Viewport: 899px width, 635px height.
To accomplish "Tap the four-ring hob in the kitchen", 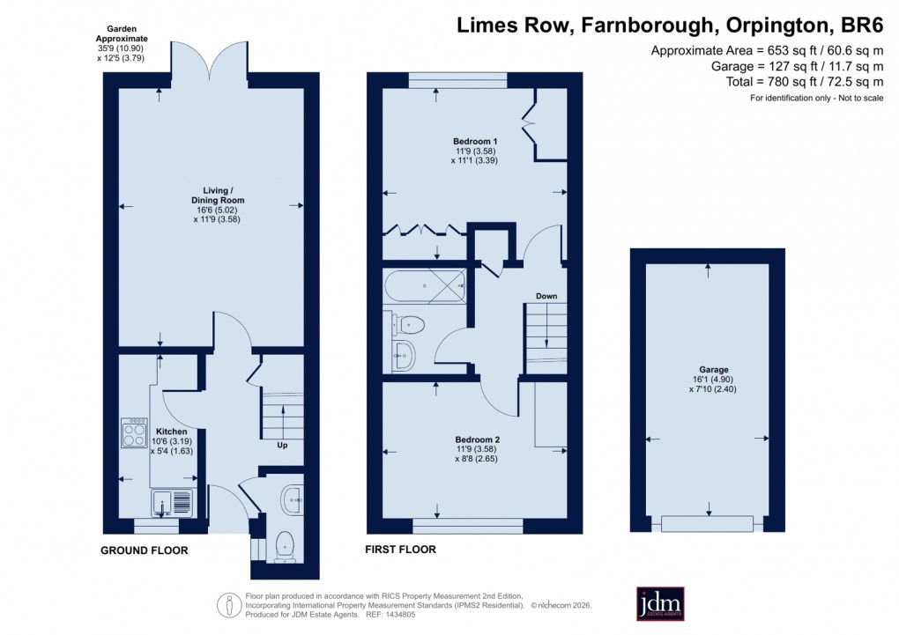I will pyautogui.click(x=134, y=432).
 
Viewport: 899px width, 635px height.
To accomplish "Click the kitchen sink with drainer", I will pyautogui.click(x=171, y=504).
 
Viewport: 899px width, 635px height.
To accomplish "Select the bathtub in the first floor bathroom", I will pyautogui.click(x=425, y=285).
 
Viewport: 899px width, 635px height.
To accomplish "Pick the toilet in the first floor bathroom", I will pyautogui.click(x=407, y=326).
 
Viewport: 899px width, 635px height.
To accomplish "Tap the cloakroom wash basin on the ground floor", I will pyautogui.click(x=292, y=501).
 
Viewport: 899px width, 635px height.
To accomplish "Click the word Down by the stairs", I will pyautogui.click(x=546, y=296).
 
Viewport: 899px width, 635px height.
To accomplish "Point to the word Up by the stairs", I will pyautogui.click(x=282, y=445).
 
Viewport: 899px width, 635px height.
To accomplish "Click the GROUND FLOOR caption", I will pyautogui.click(x=144, y=550).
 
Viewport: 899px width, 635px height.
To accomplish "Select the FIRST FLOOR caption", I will pyautogui.click(x=400, y=550).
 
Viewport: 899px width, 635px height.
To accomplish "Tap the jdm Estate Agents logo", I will pyautogui.click(x=661, y=603).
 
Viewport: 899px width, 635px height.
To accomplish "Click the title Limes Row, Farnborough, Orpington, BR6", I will pyautogui.click(x=669, y=26).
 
